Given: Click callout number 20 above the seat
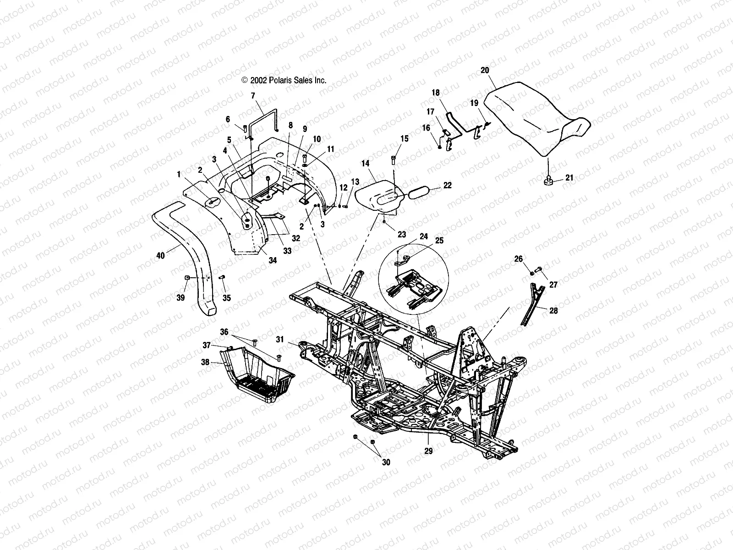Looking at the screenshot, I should pyautogui.click(x=485, y=70).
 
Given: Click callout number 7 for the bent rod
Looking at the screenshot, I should pyautogui.click(x=253, y=96).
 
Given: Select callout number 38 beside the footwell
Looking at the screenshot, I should pyautogui.click(x=205, y=362).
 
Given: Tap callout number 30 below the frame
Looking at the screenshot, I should pyautogui.click(x=386, y=462).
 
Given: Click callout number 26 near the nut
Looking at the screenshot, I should pyautogui.click(x=518, y=259).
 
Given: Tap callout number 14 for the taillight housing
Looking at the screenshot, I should pyautogui.click(x=365, y=163).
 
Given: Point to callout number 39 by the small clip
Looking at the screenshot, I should pyautogui.click(x=181, y=298).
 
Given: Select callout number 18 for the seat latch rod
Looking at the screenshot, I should pyautogui.click(x=435, y=92).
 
